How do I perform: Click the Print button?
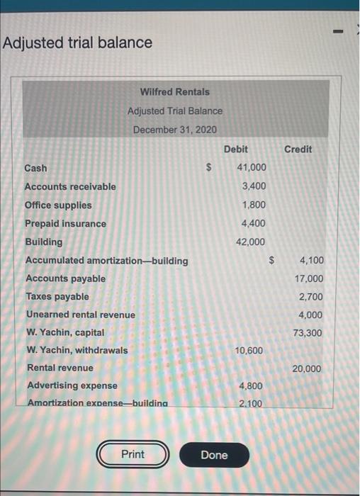(x=133, y=454)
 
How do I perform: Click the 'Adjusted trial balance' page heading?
(x=77, y=43)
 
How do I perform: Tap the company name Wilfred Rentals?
(x=174, y=91)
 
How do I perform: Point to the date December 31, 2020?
(x=174, y=130)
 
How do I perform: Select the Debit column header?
(x=236, y=149)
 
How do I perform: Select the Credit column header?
(x=298, y=149)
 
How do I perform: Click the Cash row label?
(x=36, y=168)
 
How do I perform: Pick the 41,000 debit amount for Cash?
(x=252, y=168)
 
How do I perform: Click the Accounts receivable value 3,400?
(x=254, y=186)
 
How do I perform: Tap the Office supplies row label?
(x=58, y=205)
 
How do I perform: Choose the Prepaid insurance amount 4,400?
(x=254, y=223)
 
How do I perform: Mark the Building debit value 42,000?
(x=252, y=242)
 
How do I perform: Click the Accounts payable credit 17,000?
(x=309, y=278)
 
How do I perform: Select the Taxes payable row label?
(x=57, y=296)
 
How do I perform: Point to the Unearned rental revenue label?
(x=80, y=314)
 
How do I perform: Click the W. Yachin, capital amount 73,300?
(x=309, y=332)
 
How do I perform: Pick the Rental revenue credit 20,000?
(x=306, y=368)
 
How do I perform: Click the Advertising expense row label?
(x=72, y=385)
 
